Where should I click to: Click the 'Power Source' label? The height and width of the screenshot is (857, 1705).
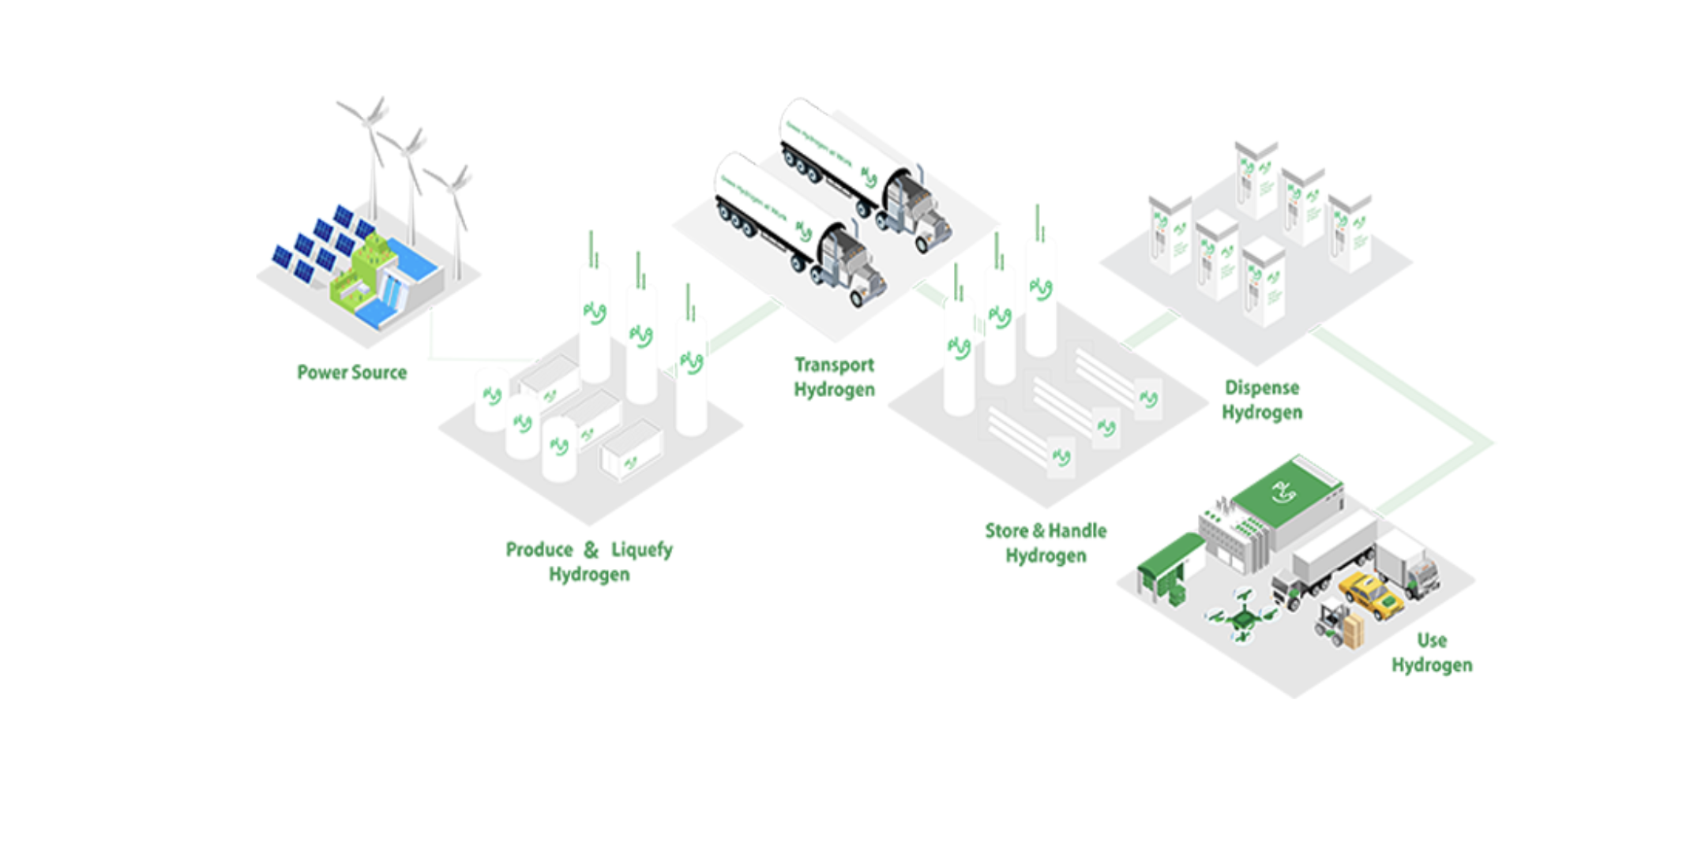coord(351,372)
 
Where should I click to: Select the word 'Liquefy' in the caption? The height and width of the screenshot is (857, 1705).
coord(642,549)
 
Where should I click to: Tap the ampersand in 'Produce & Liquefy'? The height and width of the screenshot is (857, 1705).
coord(591,549)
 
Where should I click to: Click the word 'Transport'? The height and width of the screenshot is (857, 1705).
coord(834,365)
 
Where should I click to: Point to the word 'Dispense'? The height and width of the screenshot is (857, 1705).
coord(1261,387)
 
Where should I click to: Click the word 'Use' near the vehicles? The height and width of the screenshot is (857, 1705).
coord(1431,640)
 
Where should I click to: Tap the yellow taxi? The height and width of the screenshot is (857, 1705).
coord(1370,595)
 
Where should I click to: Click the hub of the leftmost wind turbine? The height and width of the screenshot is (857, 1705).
coord(367,121)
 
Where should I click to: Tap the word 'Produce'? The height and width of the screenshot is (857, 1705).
coord(539,549)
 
